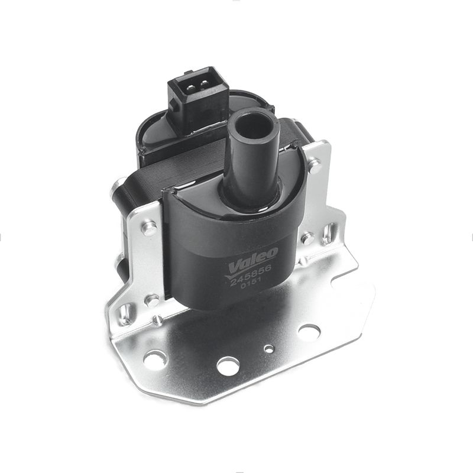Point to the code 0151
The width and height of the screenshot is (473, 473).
(x=251, y=284)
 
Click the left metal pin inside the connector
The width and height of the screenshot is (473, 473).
(x=190, y=88)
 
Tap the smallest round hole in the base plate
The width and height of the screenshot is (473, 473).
(x=269, y=349)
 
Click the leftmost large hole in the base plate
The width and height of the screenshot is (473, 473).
(x=155, y=359)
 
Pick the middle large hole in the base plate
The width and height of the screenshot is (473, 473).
(x=228, y=366)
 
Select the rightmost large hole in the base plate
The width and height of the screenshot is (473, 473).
(x=309, y=332)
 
